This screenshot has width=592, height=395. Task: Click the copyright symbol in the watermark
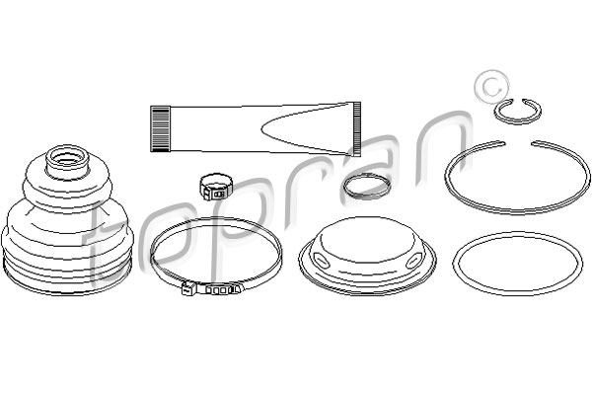click(491, 87)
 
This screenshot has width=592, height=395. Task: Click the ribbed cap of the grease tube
click(160, 128)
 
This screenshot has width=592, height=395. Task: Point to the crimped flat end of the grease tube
click(357, 128)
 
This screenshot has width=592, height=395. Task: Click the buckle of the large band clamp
click(188, 289)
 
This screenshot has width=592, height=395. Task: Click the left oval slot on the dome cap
click(322, 261)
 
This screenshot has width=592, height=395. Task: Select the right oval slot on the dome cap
click(414, 261)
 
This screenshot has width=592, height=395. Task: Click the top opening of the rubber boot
click(67, 156)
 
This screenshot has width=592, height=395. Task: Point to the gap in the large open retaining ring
click(518, 143)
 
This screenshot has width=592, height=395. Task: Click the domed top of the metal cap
click(367, 238)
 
